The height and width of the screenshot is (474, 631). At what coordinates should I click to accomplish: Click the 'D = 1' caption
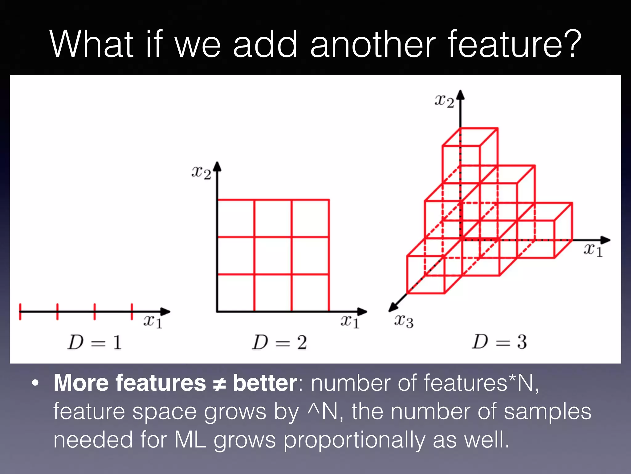[95, 343]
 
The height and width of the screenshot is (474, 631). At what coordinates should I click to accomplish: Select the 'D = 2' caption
[279, 343]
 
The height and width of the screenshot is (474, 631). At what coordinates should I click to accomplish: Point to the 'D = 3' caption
[499, 342]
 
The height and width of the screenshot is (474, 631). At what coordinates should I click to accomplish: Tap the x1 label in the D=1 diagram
[153, 322]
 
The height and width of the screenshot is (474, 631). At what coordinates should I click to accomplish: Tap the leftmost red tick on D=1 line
[20, 311]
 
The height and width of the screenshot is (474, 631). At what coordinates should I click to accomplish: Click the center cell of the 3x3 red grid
[273, 256]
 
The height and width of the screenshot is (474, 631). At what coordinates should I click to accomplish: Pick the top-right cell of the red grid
[310, 218]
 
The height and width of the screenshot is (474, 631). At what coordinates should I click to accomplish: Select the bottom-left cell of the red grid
[236, 293]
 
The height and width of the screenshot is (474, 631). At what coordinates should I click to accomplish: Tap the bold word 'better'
[265, 383]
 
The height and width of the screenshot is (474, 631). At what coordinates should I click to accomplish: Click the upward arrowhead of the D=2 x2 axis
[218, 166]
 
